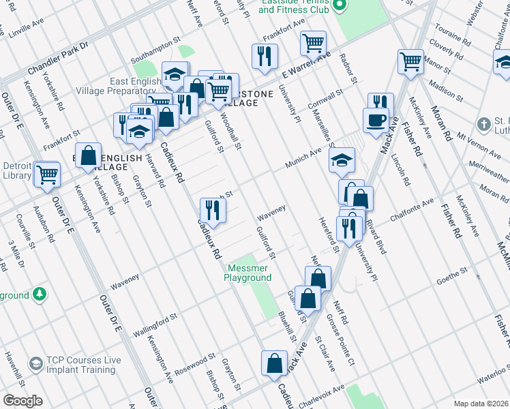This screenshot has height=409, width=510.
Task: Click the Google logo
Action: pos(22,401)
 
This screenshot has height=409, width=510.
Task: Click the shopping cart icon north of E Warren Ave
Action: pos(313,43)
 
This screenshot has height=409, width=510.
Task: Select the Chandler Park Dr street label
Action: pos(58,59)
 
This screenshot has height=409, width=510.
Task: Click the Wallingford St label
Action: pos(154,320)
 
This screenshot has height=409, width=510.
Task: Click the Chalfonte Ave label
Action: pos(412,210)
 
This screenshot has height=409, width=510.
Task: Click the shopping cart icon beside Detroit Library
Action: pos(47,174)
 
